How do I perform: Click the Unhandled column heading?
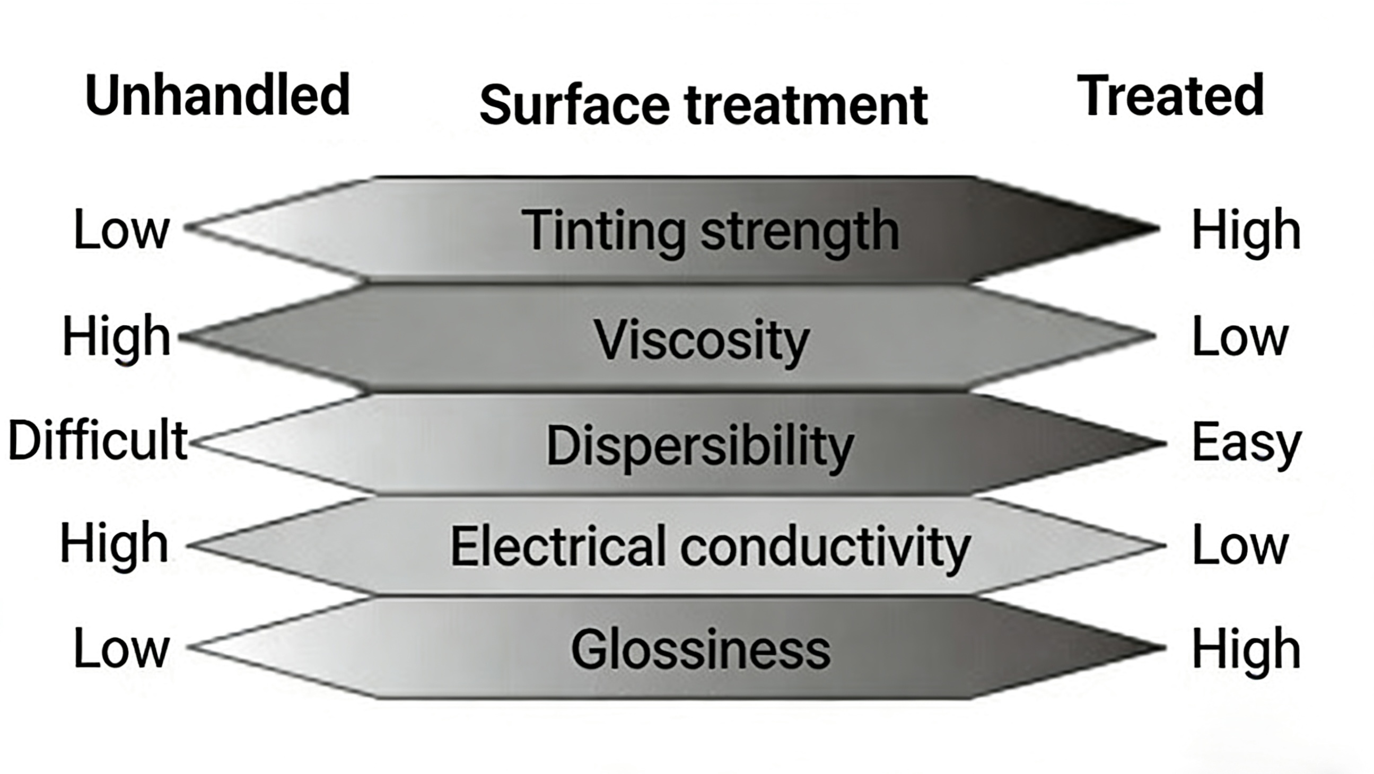217,96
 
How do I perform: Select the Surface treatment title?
704,105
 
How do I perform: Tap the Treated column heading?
1170,96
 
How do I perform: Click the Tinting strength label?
710,231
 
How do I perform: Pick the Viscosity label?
702,340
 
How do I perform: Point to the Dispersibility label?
700,446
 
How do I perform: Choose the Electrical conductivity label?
710,546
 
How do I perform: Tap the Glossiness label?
701,649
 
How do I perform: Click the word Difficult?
98,441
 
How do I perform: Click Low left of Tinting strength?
121,230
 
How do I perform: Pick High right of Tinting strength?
1246,230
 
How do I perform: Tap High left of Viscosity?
116,336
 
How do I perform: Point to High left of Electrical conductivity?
114,544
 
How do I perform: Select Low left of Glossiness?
121,648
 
